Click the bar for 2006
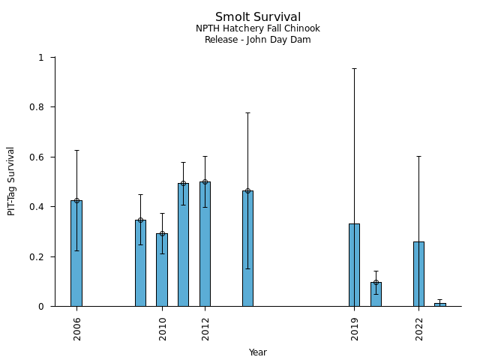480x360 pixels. click(x=76, y=253)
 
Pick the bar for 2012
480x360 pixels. click(x=205, y=244)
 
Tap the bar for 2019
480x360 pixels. click(x=354, y=265)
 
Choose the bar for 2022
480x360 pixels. click(x=418, y=274)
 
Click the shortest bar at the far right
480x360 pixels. click(x=439, y=304)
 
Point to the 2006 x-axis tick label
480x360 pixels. click(x=77, y=328)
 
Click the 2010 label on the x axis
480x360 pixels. click(x=163, y=328)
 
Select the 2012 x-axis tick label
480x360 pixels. click(x=205, y=328)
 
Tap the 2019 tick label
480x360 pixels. click(x=355, y=328)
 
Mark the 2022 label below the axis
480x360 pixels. click(x=419, y=328)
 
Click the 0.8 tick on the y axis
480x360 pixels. click(x=41, y=107)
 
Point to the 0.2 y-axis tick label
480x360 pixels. click(x=41, y=256)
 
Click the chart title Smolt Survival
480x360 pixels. click(x=258, y=17)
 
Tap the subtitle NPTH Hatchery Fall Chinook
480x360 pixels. click(x=258, y=29)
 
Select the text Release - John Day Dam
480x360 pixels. click(x=258, y=40)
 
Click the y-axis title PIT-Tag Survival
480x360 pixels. click(x=11, y=181)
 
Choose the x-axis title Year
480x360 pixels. click(x=258, y=352)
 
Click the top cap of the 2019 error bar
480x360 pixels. click(x=354, y=68)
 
